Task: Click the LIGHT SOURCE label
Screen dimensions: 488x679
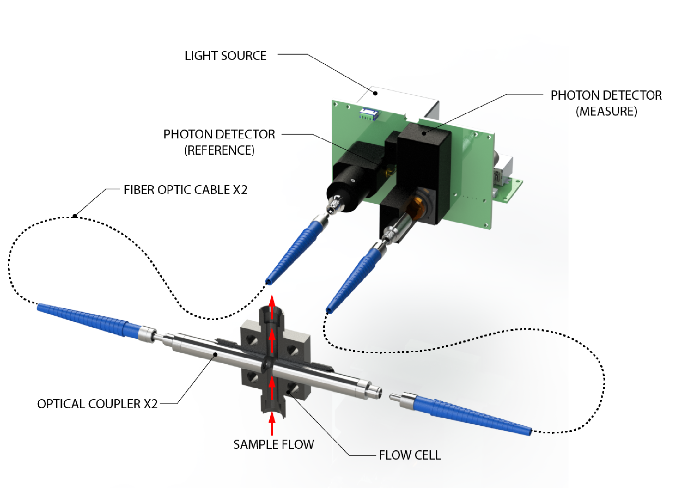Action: coord(225,56)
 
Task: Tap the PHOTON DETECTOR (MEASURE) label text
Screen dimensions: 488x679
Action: coord(606,103)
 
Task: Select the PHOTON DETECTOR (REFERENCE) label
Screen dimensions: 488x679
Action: coord(219,142)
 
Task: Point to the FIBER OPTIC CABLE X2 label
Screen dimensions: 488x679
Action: coord(185,190)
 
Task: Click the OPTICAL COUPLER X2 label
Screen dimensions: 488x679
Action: coord(97,403)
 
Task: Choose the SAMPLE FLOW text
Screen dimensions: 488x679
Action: coord(273,444)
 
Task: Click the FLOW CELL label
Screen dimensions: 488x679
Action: coord(410,455)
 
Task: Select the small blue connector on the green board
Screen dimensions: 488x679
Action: coord(368,113)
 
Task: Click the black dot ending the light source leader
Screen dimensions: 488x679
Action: coord(375,93)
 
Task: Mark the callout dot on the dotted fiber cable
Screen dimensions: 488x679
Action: coord(75,216)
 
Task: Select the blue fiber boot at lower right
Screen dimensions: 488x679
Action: coord(473,415)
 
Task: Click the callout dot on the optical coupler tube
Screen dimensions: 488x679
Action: coord(215,354)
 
